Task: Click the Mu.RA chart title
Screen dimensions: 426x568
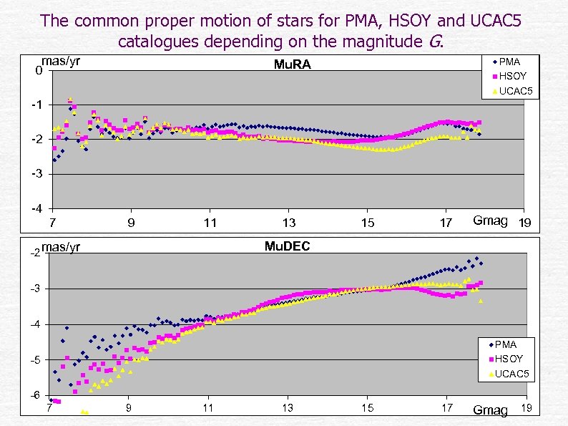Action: click(293, 66)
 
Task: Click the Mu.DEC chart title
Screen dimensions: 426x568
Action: click(287, 247)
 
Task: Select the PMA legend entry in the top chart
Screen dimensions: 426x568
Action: click(509, 62)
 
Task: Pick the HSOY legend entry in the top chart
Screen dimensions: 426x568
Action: click(511, 76)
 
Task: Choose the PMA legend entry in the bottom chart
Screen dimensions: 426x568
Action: click(505, 344)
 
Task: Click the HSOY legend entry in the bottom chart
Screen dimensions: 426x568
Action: click(508, 359)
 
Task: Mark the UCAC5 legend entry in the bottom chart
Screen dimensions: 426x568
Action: click(511, 374)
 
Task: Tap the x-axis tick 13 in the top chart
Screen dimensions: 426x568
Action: click(288, 223)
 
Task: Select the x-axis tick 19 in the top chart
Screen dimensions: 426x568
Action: click(524, 223)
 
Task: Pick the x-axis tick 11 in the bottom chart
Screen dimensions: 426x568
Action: click(207, 408)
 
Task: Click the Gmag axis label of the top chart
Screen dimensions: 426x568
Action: click(490, 221)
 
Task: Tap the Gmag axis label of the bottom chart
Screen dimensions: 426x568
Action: click(490, 410)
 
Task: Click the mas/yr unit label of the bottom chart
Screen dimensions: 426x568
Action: click(61, 248)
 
